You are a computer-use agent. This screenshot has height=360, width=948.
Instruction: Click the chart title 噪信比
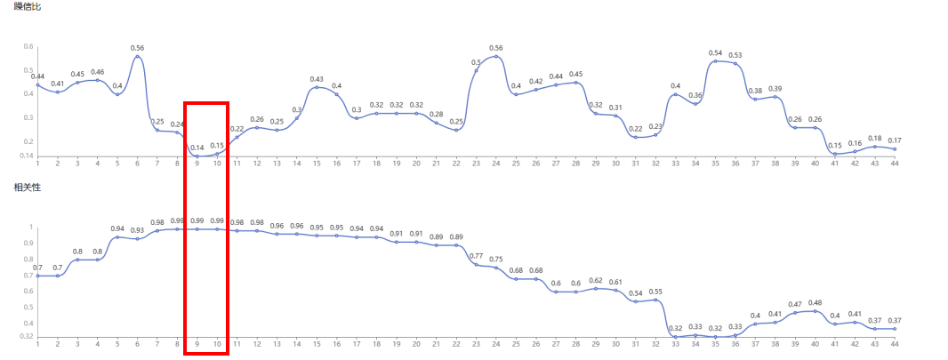27,7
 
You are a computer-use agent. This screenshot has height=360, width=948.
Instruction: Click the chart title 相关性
27,188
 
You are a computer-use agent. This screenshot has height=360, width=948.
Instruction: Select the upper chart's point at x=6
137,57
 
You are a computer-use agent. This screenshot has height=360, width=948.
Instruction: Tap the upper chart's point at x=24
496,57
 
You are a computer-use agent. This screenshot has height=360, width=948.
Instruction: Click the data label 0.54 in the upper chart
715,52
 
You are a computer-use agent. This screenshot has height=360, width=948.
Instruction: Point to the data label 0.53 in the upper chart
735,55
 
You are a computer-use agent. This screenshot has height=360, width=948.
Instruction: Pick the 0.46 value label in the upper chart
98,71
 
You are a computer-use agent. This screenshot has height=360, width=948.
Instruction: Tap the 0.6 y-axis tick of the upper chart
28,47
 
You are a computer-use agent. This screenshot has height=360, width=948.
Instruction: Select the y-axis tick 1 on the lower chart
31,227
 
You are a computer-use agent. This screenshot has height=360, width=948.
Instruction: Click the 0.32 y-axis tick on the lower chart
28,336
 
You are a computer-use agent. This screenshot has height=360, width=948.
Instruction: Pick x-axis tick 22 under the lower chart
456,344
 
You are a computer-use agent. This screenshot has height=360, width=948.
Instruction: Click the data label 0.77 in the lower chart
476,256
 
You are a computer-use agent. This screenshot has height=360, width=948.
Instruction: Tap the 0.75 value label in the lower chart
496,259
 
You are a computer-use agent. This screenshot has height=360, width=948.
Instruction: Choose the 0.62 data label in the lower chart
596,280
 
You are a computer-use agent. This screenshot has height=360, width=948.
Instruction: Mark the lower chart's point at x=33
676,337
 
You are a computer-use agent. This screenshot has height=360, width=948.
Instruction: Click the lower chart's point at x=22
456,245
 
